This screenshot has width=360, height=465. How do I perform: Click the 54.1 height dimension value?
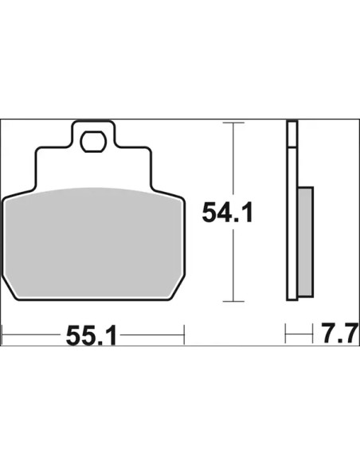coord(227,213)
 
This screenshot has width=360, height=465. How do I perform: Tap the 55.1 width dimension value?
coord(91,336)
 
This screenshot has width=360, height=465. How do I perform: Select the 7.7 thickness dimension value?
coord(339,334)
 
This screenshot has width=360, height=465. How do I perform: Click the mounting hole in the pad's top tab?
coord(93,142)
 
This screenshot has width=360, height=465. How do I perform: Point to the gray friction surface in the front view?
coord(93,243)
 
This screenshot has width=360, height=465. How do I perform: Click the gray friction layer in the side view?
coord(305,242)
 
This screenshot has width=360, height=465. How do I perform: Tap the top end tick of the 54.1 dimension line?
coord(233,123)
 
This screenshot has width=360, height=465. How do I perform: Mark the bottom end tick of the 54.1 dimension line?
coord(233,301)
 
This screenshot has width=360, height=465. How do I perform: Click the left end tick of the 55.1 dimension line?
coord(2,334)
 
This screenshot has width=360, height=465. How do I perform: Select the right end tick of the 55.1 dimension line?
coord(184,334)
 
